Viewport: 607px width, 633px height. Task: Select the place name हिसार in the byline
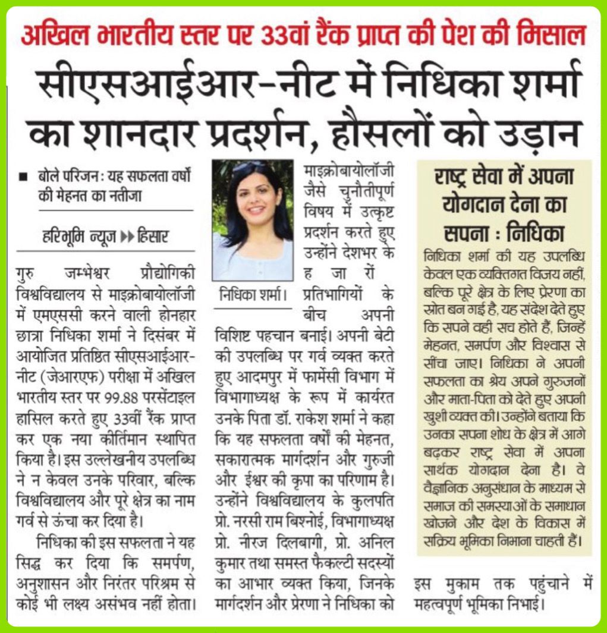[x=152, y=237]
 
